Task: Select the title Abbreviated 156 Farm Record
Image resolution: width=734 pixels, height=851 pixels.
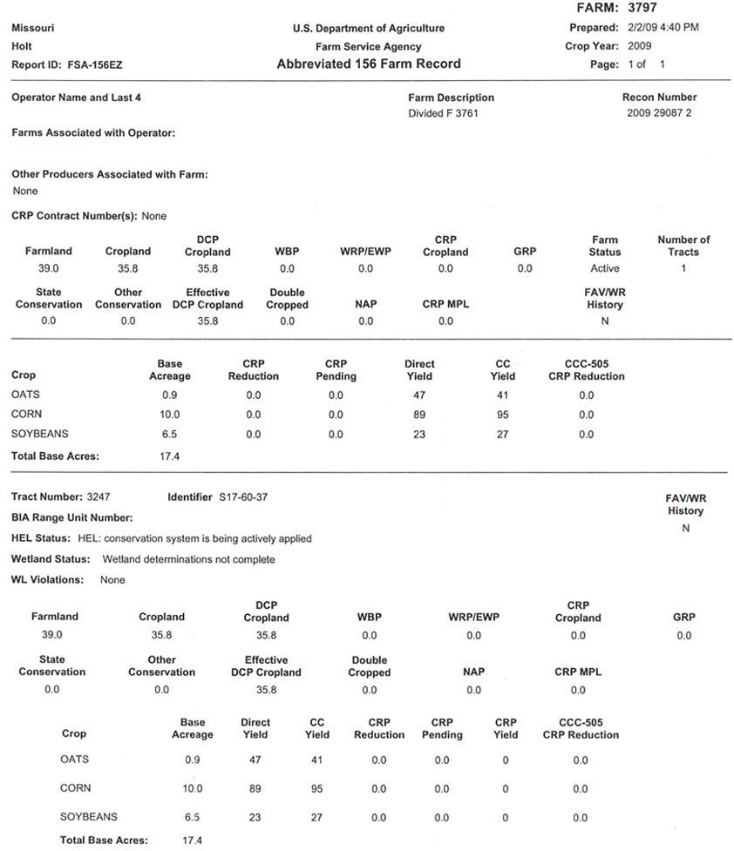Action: (368, 64)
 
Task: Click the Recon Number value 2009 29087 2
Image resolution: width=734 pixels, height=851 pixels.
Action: (658, 113)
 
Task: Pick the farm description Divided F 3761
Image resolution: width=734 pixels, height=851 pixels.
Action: (443, 113)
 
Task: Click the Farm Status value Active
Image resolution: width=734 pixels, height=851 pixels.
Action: (604, 268)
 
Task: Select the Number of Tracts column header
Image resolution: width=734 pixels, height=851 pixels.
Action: (683, 246)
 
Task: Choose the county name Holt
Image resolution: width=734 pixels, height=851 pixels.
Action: (22, 46)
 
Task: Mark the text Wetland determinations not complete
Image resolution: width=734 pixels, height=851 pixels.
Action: (188, 559)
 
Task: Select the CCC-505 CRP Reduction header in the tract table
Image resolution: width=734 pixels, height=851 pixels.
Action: (580, 728)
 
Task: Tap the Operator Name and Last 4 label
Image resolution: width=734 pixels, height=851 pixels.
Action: (76, 98)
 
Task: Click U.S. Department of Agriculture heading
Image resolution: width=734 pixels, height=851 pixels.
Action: (368, 29)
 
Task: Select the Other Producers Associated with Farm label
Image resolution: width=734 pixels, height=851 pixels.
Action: (110, 174)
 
